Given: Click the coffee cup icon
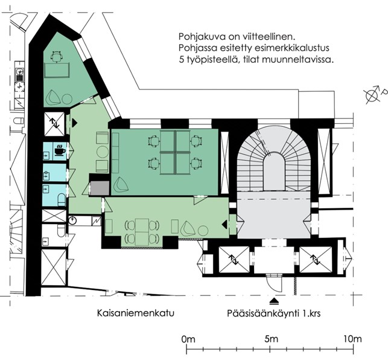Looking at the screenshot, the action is point(60,150).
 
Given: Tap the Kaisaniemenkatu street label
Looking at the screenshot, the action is point(136,313).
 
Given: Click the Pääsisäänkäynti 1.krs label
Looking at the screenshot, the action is point(274,313).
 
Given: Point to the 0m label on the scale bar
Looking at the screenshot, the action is point(188,339).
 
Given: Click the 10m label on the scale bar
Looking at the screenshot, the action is point(352,339).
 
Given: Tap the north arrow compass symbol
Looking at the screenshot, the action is point(372,95).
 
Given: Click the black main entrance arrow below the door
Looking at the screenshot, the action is point(274,301).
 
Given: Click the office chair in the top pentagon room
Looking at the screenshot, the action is point(56,56).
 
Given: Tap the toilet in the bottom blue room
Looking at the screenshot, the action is point(62,199).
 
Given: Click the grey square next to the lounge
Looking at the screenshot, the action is point(100,188).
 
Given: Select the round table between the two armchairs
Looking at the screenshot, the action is point(103,152).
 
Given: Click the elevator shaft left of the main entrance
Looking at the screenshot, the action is point(234,259).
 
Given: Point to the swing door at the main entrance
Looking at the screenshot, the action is point(274,284).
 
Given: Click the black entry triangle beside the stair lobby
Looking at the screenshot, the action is point(224,225).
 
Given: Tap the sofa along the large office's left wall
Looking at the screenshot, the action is point(115,153).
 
